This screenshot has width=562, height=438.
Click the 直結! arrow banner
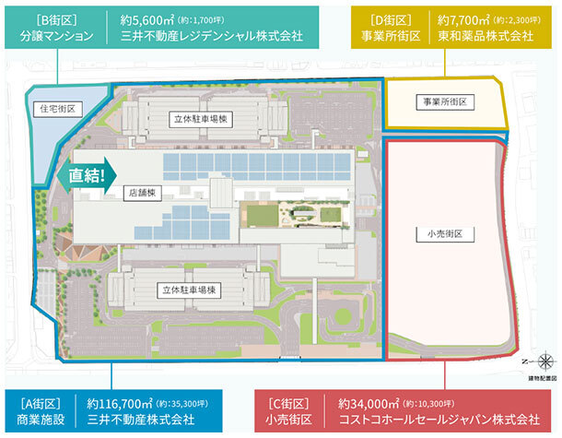pos(88,172)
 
